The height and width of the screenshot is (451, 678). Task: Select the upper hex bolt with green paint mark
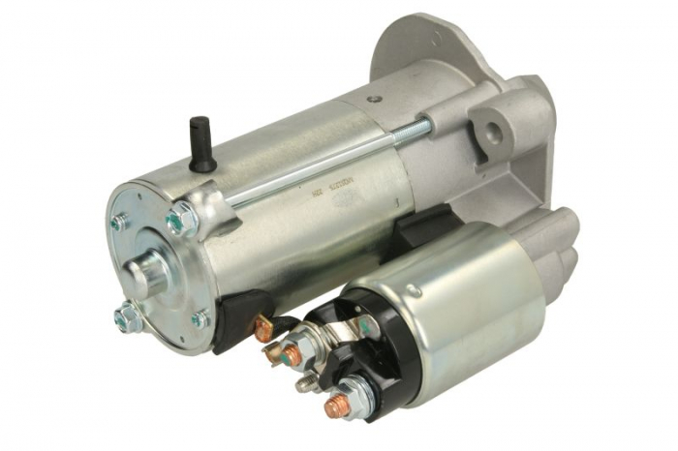pyautogui.click(x=179, y=220)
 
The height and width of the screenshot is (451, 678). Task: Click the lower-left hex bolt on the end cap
pyautogui.click(x=127, y=316)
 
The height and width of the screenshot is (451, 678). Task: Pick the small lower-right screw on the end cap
pyautogui.click(x=200, y=318)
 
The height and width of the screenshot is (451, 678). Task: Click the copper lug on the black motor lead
pyautogui.click(x=262, y=330)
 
